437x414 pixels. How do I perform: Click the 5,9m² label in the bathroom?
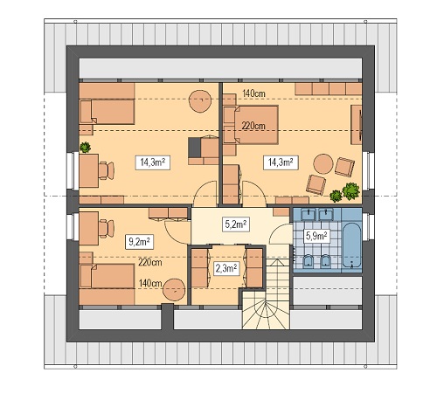317,236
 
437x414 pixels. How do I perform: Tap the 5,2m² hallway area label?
236,224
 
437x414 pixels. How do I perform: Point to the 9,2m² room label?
139,241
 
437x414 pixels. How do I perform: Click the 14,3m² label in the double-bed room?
281,162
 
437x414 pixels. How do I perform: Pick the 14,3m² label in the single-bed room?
153,162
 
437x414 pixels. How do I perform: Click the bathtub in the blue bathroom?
351,245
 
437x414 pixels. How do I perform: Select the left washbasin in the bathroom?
308,214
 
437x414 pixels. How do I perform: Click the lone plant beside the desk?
85,148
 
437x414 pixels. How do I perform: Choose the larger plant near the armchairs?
350,191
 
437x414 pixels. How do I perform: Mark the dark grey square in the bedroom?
194,148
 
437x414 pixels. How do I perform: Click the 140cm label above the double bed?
253,93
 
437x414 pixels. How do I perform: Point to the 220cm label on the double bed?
253,126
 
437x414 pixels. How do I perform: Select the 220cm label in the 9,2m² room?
150,263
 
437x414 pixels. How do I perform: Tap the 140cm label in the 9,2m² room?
150,283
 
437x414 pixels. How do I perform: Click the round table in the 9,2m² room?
174,289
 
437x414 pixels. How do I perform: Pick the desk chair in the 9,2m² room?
107,229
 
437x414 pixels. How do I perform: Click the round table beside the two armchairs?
323,164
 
